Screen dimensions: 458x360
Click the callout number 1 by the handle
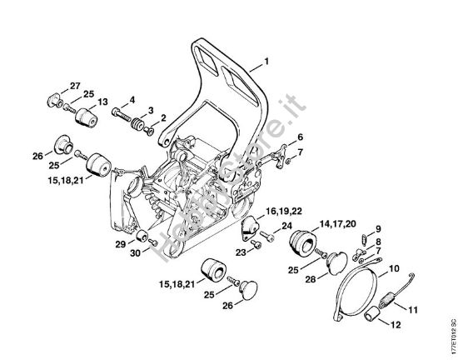tap(266, 62)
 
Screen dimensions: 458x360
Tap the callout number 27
tap(75, 86)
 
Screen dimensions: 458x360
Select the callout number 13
tap(102, 102)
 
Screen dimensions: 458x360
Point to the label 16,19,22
tap(284, 211)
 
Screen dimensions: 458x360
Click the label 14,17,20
tap(338, 224)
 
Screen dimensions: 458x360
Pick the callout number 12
tap(396, 325)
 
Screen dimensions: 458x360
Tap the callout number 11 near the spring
tap(412, 310)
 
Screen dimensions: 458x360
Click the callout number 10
tap(394, 268)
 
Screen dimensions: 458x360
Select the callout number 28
tap(311, 279)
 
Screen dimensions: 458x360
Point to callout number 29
tap(121, 244)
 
